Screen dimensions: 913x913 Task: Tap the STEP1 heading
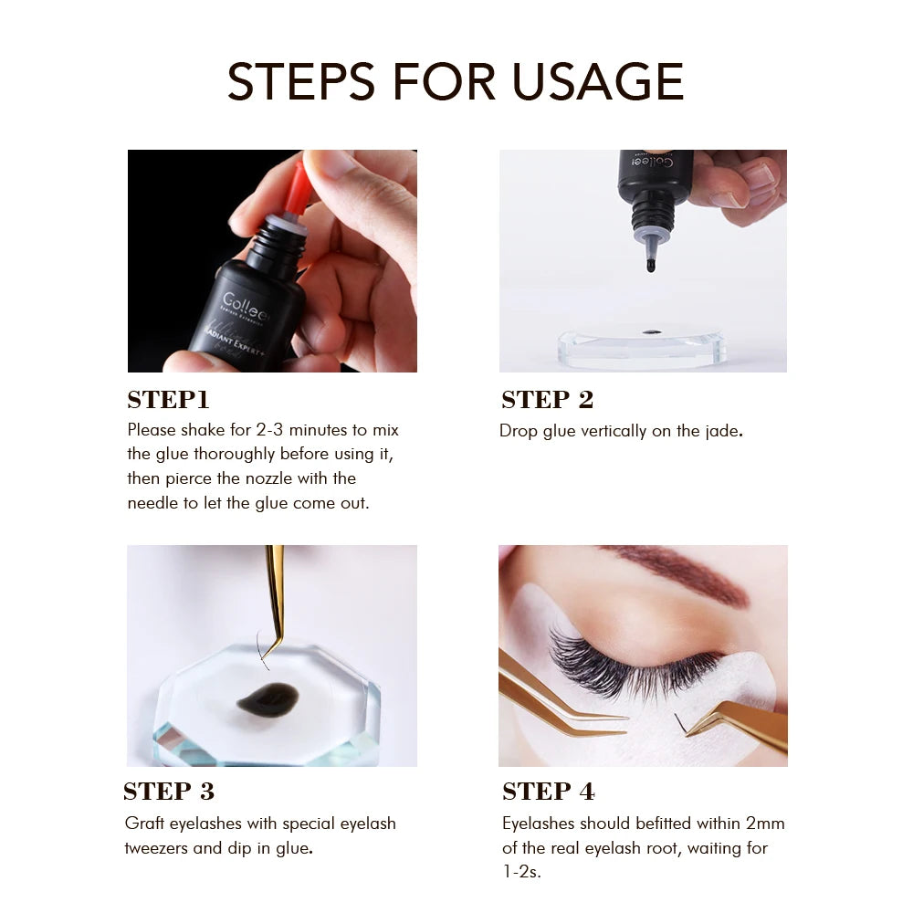[x=168, y=400]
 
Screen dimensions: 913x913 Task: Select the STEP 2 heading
[x=547, y=400]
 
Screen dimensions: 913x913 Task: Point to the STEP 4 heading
[x=548, y=791]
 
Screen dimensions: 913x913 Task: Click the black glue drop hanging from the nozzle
[x=651, y=266]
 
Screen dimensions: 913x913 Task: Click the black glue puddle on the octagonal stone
[x=267, y=698]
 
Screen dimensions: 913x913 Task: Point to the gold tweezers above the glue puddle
[x=274, y=593]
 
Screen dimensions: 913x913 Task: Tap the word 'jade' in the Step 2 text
[x=719, y=431]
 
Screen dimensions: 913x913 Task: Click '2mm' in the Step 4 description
[x=765, y=824]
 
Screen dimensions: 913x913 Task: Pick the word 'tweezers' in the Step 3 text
[x=158, y=848]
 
